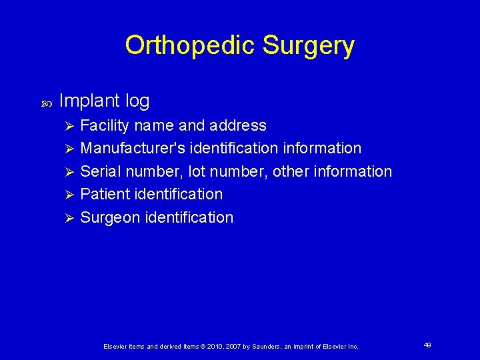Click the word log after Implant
(137, 101)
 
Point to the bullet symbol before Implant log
(46, 103)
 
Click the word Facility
(104, 125)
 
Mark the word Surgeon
(109, 217)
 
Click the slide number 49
(427, 345)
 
